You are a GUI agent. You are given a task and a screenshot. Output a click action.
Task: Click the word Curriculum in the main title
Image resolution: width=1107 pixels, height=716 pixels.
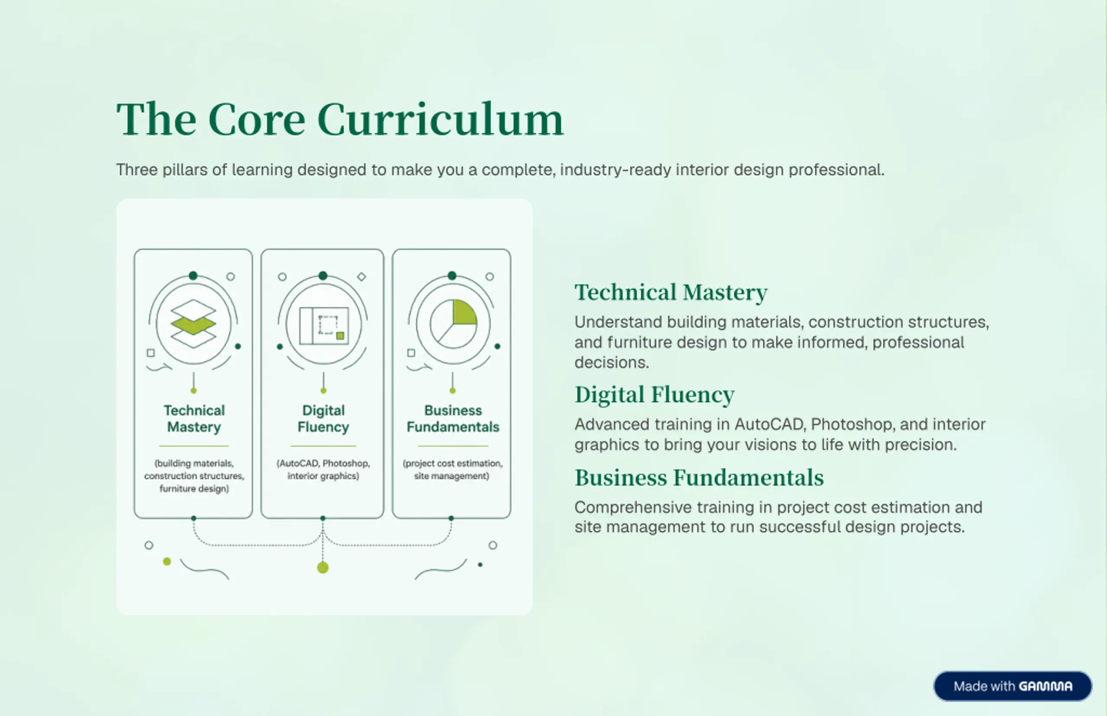[x=440, y=119]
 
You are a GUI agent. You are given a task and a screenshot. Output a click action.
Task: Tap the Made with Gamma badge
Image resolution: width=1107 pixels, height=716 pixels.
[x=1013, y=686]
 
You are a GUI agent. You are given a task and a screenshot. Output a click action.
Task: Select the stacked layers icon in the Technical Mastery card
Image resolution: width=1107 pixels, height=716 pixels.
[x=193, y=324]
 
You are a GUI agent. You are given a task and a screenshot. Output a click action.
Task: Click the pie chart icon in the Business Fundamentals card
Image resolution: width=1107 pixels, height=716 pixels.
[x=453, y=324]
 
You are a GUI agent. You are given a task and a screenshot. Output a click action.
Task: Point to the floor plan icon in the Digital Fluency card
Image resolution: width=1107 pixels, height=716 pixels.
[x=324, y=325]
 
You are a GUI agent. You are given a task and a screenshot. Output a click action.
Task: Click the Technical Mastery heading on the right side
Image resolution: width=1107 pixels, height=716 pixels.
[x=671, y=292]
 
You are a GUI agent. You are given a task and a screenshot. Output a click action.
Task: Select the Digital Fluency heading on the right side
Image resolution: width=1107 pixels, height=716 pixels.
[x=654, y=395]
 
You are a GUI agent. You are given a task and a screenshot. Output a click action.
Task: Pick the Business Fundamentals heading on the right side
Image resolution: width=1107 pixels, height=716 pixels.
[x=699, y=478]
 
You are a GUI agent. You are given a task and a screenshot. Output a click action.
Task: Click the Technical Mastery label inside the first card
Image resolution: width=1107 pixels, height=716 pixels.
[x=194, y=418]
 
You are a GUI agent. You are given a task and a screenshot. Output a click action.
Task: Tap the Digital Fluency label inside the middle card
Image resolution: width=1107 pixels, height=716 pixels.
[x=323, y=418]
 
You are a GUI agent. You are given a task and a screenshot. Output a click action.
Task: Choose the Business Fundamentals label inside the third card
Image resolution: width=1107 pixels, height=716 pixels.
[x=453, y=418]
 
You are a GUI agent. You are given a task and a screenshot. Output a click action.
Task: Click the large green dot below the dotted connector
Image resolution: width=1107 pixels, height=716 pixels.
[x=323, y=567]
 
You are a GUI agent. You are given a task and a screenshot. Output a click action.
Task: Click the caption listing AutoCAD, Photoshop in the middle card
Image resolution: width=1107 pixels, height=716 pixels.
[x=323, y=469]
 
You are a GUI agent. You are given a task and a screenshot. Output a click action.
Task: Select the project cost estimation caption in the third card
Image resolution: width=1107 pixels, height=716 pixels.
[x=453, y=469]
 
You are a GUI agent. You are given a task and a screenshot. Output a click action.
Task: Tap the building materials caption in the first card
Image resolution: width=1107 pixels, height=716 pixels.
[x=194, y=475]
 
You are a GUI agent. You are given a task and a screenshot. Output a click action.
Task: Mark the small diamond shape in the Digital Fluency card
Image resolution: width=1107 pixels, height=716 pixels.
[x=362, y=276]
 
